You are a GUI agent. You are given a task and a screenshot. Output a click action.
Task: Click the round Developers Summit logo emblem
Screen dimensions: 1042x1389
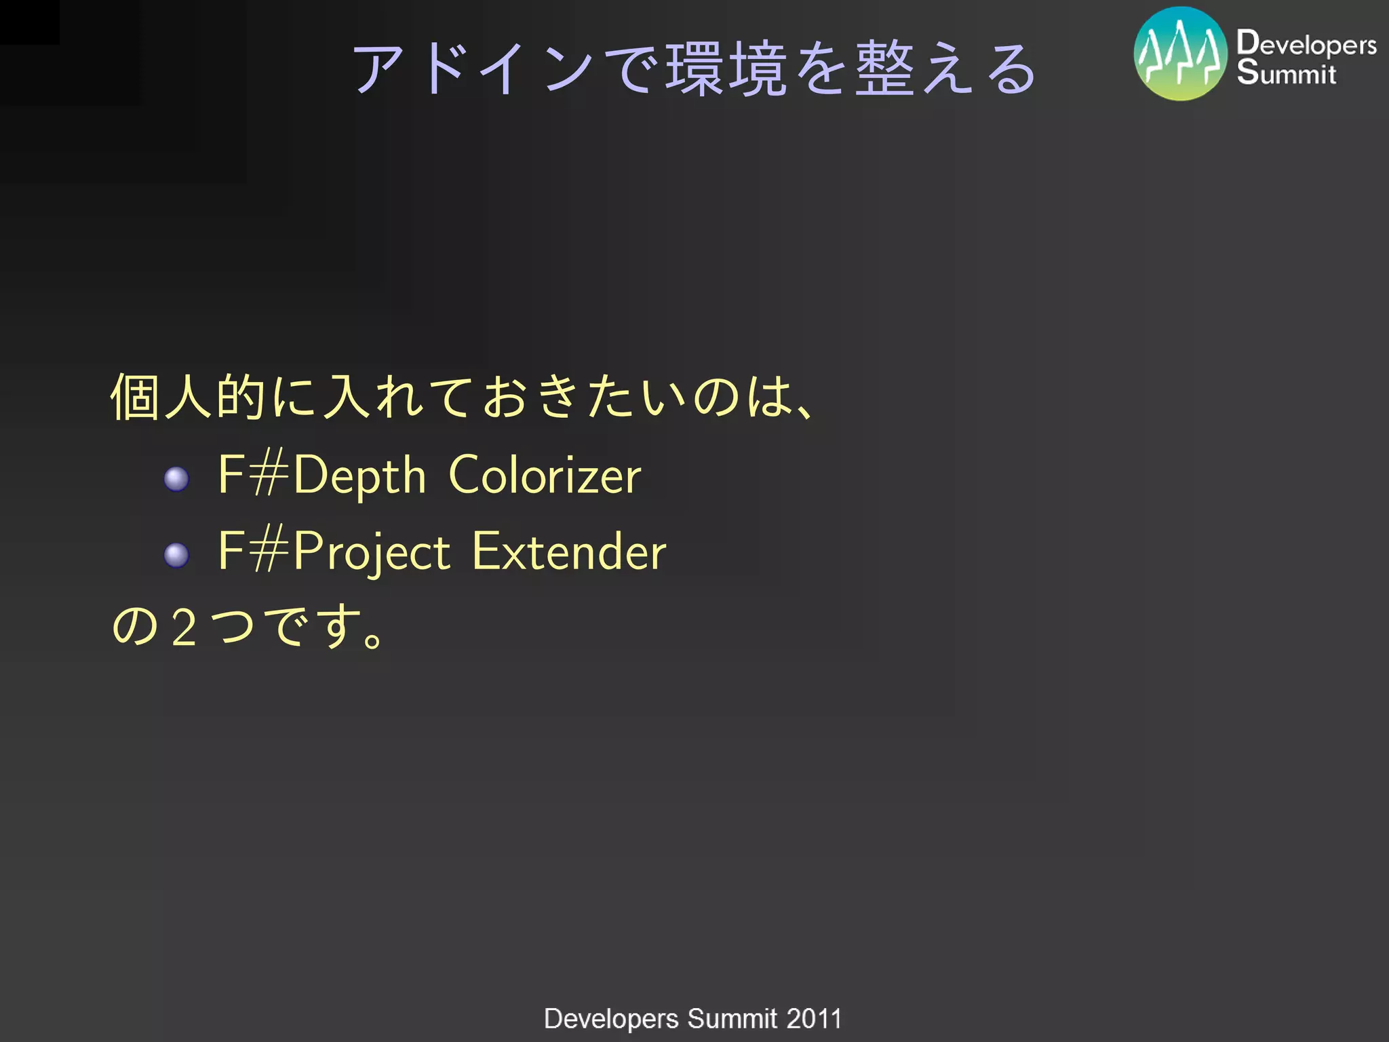(x=1180, y=54)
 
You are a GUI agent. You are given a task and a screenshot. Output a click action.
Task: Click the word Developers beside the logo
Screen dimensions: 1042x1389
(x=1306, y=43)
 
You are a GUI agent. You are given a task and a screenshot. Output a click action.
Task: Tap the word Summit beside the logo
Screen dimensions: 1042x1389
(x=1286, y=73)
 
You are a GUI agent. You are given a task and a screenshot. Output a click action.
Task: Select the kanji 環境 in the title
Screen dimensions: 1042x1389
(x=726, y=69)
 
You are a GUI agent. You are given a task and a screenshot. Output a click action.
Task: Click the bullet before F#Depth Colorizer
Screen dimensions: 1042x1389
(x=176, y=479)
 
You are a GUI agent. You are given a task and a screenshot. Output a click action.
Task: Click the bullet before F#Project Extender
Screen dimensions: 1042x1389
(x=176, y=555)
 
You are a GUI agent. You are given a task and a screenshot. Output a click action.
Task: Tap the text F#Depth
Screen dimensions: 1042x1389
(x=321, y=475)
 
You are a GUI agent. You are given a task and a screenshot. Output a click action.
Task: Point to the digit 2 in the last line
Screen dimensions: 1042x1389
(x=184, y=627)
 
